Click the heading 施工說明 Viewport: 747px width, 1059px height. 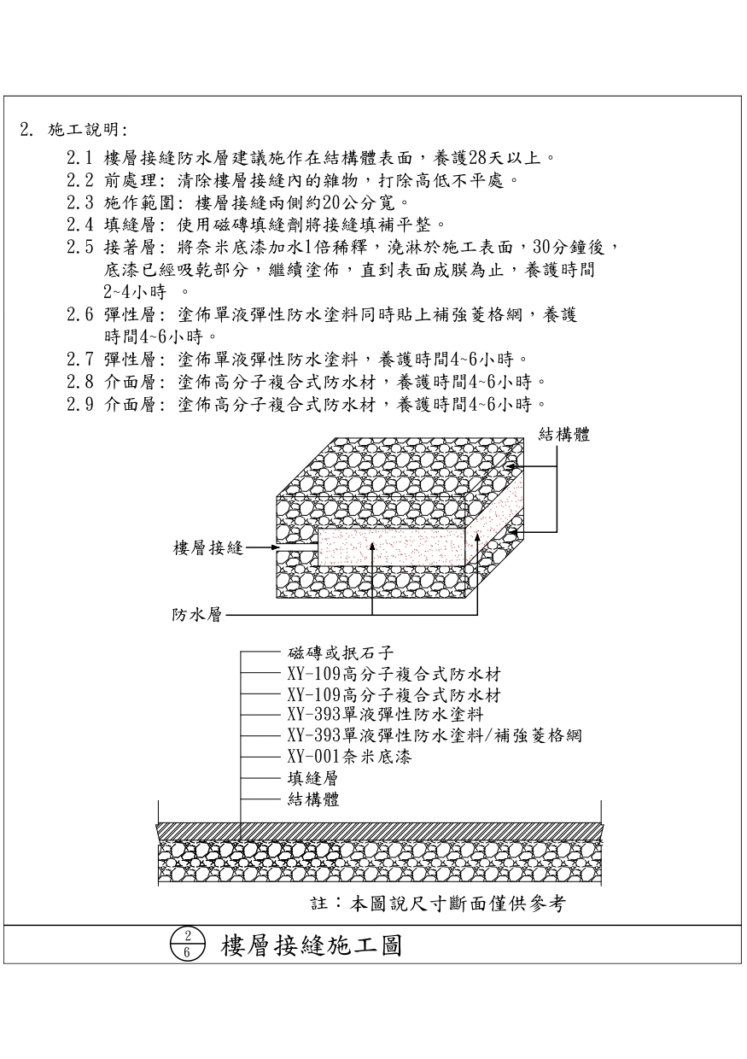click(x=88, y=131)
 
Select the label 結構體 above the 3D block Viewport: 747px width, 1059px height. click(x=564, y=435)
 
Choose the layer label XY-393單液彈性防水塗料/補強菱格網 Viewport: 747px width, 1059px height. click(x=435, y=736)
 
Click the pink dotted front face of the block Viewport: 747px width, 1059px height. click(x=388, y=546)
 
